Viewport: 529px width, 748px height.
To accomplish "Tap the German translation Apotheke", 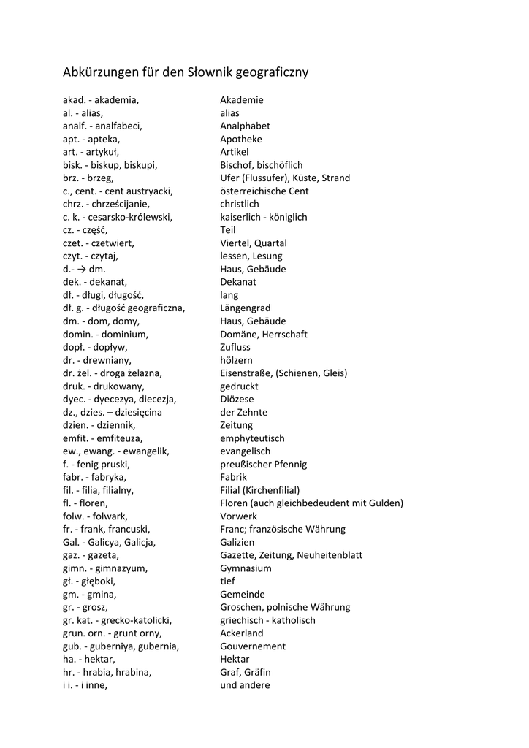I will click(240, 139).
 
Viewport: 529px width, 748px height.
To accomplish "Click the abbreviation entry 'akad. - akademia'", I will click(101, 100).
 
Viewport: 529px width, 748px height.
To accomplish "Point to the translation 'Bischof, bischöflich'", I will click(261, 165).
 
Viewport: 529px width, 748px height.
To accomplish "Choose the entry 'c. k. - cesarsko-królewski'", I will click(118, 217).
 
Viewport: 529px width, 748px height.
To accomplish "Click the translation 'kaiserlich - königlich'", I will click(263, 217).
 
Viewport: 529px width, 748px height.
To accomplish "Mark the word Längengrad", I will click(245, 308).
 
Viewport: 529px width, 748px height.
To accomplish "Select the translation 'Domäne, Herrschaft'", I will click(264, 334).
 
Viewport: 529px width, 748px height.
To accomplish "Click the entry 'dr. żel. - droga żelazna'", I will click(113, 373).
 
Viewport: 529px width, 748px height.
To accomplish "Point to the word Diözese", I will click(237, 400).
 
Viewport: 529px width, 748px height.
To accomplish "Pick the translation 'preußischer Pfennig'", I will click(263, 465).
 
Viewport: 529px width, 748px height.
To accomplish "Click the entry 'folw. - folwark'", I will click(95, 516).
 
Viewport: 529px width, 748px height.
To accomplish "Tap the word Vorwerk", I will click(238, 516).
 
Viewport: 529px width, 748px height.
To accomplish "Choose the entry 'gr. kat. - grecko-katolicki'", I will click(118, 620).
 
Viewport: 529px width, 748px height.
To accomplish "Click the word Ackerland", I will click(241, 633).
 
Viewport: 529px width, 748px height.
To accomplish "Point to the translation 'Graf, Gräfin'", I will click(245, 672).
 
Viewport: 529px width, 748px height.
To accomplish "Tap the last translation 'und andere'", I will click(245, 685).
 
